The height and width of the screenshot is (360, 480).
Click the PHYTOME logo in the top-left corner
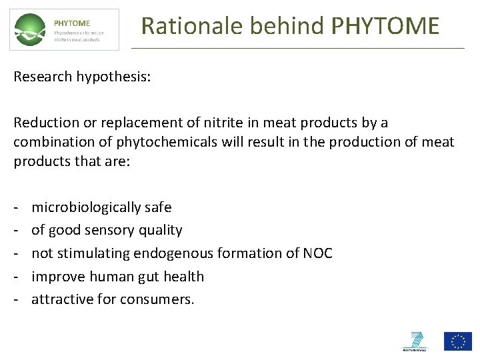point(64,29)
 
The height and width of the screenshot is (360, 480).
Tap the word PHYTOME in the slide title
point(385,26)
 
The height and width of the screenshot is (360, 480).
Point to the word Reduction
point(44,123)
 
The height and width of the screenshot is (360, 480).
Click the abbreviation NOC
point(317,253)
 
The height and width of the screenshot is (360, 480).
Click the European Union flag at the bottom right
point(458,341)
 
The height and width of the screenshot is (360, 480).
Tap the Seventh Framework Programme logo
point(416,341)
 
